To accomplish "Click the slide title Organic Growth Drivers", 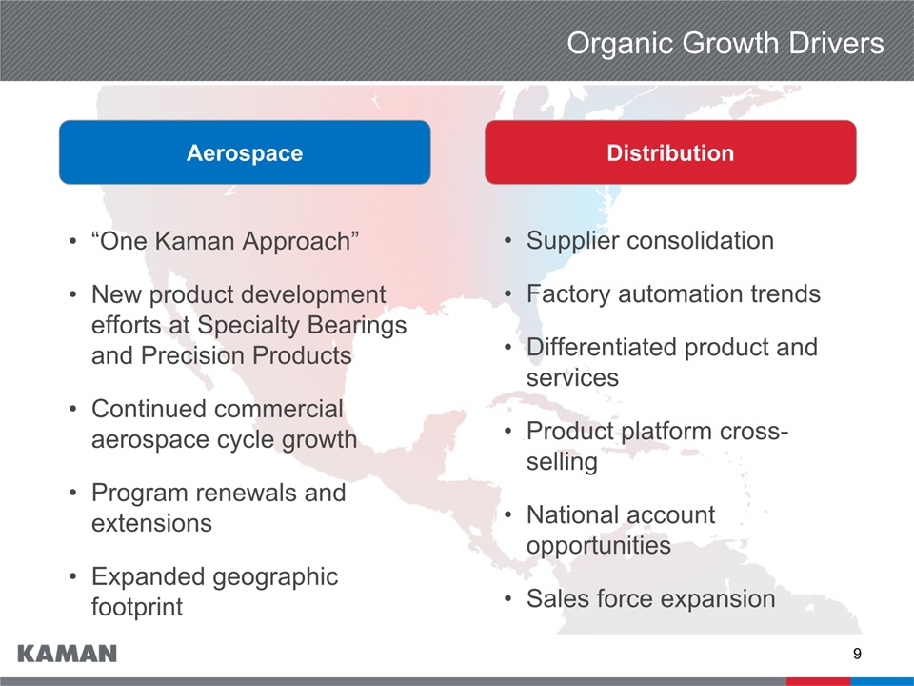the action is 725,43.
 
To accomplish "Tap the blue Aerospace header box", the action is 245,152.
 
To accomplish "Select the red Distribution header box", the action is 670,152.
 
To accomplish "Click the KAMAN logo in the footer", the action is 67,654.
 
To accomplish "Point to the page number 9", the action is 857,654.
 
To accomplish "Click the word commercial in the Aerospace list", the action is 276,409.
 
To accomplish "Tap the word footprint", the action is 137,607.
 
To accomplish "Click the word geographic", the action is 275,577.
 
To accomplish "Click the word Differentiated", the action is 602,347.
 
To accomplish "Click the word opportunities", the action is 599,546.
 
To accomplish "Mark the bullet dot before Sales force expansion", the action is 508,599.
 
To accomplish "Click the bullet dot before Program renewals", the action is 72,493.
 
